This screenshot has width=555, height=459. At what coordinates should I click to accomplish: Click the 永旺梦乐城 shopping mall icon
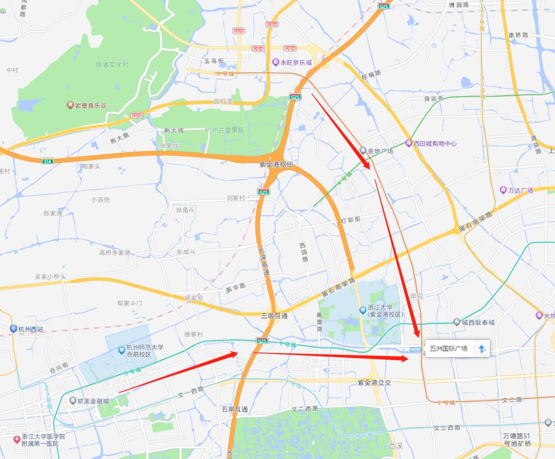pos(276,62)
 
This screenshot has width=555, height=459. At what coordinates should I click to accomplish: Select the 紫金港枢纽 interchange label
pos(276,164)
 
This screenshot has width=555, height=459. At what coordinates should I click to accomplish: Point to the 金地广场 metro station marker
pos(363,151)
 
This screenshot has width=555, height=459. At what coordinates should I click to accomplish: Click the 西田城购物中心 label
pos(435,144)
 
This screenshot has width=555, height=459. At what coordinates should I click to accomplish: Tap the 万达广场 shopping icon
pos(503,190)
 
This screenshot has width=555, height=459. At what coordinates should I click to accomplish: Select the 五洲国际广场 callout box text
pos(449,348)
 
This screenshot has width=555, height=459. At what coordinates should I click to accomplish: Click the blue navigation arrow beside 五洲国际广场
pos(482,349)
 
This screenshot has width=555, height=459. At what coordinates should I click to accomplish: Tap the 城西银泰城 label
pos(478,323)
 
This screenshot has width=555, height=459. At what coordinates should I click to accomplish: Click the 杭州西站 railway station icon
pos(13,329)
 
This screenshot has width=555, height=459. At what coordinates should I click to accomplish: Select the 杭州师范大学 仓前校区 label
pos(145,351)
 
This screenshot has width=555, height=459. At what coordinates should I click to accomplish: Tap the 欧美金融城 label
pos(93,401)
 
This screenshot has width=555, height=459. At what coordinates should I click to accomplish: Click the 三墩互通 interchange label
pos(273,316)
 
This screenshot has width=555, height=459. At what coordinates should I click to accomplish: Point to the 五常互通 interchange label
pos(235,409)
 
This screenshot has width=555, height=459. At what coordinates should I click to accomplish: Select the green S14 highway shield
pos(48,161)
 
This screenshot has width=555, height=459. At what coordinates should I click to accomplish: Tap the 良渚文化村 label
pos(112,65)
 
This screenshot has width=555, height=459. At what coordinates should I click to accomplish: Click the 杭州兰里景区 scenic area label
pos(224,130)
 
